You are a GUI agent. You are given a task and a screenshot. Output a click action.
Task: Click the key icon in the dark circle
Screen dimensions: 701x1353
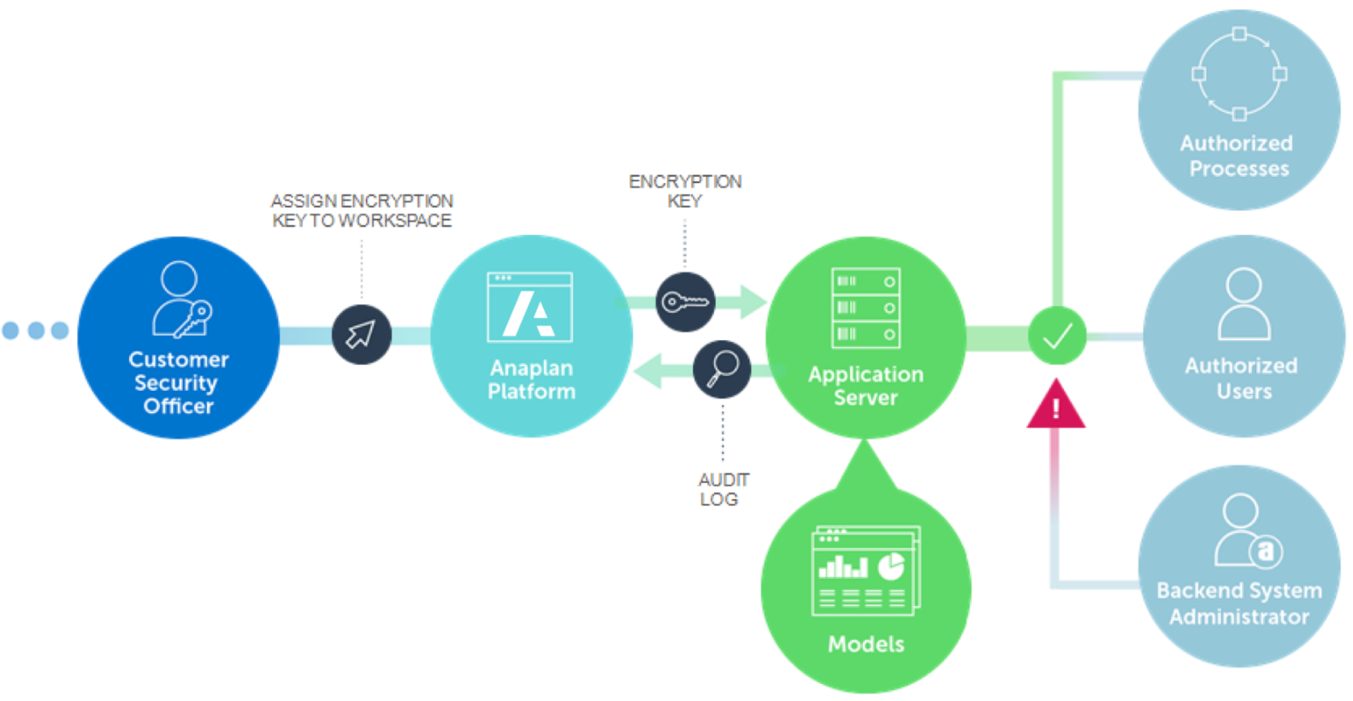click(x=685, y=302)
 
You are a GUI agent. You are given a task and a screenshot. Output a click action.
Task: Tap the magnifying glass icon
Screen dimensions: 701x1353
click(x=722, y=369)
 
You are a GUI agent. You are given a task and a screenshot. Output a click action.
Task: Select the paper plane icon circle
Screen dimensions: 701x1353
click(x=361, y=334)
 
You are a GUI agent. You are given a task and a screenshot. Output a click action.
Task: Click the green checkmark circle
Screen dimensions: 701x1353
click(x=1057, y=335)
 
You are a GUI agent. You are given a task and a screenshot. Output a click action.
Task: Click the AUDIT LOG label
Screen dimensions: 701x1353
click(x=722, y=489)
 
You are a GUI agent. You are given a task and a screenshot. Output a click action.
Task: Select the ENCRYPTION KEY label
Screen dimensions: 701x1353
click(x=685, y=191)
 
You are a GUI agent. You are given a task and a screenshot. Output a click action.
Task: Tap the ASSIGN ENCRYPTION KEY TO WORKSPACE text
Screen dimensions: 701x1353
click(x=362, y=210)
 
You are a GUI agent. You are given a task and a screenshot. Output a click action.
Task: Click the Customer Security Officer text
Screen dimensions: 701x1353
click(x=178, y=382)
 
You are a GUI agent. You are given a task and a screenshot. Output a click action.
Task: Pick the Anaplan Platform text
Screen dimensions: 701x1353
click(x=531, y=380)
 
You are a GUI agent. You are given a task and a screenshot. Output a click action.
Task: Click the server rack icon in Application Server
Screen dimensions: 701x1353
click(x=866, y=308)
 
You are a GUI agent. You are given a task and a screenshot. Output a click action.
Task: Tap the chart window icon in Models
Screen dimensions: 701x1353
click(x=866, y=571)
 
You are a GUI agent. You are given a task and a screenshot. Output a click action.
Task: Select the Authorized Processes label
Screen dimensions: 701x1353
click(x=1238, y=156)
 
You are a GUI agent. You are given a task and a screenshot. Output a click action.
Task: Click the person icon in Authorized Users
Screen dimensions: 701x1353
click(x=1244, y=304)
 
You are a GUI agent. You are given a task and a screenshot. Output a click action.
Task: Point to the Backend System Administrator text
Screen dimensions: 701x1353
click(x=1239, y=604)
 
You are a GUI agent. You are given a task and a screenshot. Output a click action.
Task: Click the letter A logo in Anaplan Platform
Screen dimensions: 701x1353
click(x=529, y=314)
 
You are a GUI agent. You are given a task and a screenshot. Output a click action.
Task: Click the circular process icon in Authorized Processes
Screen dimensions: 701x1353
click(x=1239, y=74)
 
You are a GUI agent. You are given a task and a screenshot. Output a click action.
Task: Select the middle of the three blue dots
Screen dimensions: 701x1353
click(x=36, y=330)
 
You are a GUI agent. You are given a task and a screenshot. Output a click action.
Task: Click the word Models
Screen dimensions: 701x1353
click(x=866, y=644)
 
